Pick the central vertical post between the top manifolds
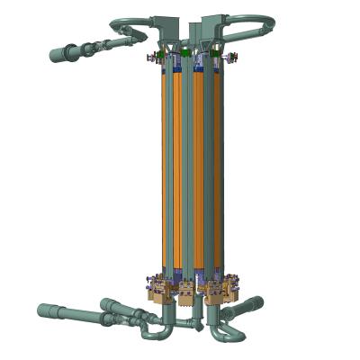point(191,36)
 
